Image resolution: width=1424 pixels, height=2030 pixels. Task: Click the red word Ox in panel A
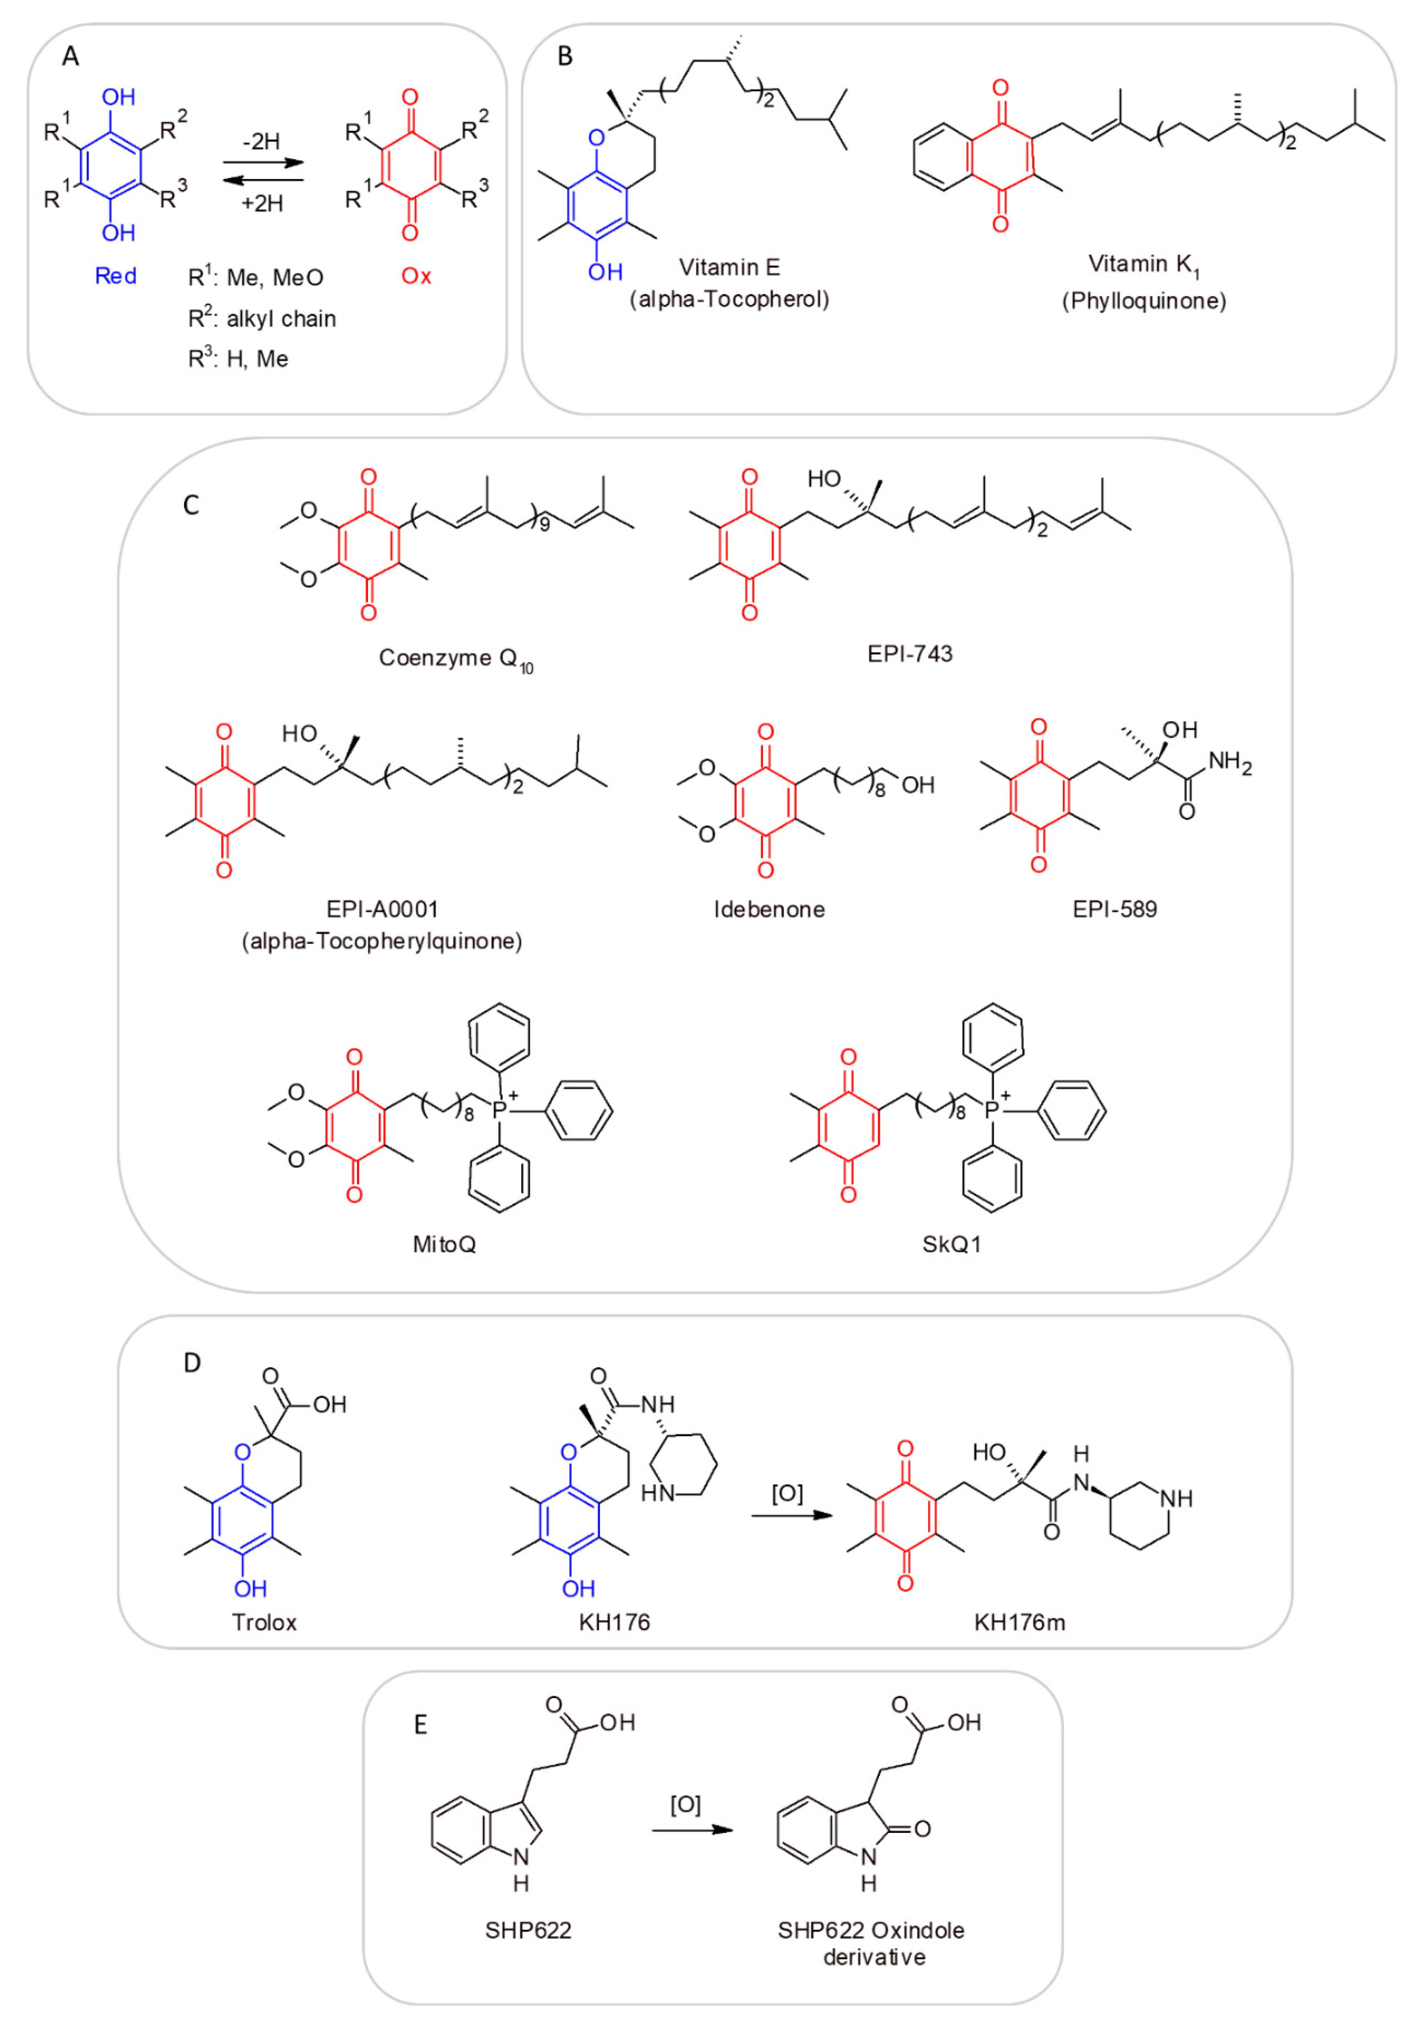click(415, 276)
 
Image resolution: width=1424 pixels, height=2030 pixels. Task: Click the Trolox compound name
click(264, 1622)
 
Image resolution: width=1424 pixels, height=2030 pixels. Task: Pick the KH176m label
click(1019, 1622)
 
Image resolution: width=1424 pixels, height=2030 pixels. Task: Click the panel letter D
click(192, 1363)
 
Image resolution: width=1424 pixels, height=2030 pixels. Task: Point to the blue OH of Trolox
click(250, 1589)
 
